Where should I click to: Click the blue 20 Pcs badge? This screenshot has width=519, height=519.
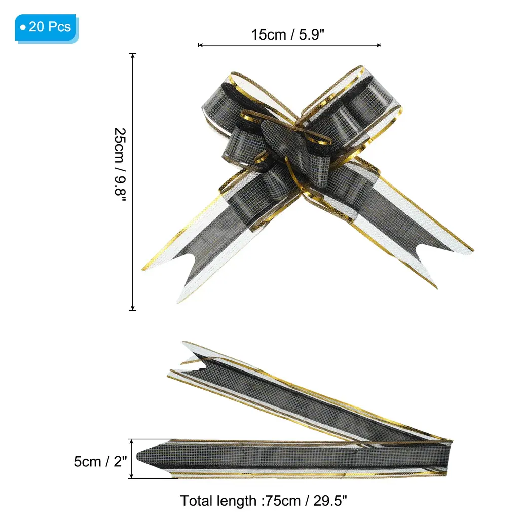(x=46, y=28)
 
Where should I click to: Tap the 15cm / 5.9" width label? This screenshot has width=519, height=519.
(x=288, y=34)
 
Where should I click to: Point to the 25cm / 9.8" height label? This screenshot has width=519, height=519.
(x=120, y=165)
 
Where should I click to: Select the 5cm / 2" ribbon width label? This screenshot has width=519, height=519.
(x=100, y=461)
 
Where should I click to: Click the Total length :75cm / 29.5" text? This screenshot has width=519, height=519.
(x=264, y=501)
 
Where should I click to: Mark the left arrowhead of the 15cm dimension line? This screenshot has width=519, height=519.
(x=200, y=45)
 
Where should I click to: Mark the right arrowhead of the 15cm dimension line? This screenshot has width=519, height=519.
(x=379, y=45)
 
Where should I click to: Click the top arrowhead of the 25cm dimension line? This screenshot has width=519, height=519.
(x=133, y=55)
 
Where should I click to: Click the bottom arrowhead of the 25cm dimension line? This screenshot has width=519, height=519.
(x=133, y=308)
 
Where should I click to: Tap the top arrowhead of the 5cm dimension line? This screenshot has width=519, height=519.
(x=131, y=441)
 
